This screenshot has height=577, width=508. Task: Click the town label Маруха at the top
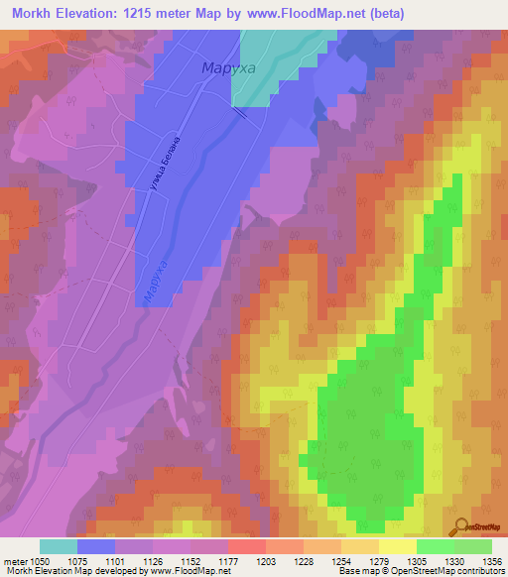[229, 68]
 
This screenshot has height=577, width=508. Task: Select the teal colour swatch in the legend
[59, 545]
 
